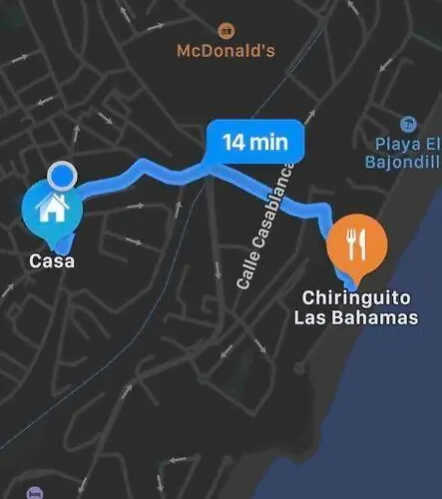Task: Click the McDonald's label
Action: coord(225,50)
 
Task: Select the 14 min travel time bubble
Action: coord(254,141)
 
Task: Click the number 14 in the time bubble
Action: coord(234,141)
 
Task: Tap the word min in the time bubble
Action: coord(269,141)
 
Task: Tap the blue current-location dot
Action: coord(63,178)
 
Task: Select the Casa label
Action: coord(51,262)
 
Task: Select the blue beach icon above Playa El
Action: coord(407,124)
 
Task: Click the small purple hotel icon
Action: coord(36,493)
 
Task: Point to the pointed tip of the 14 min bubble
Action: coord(213,167)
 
